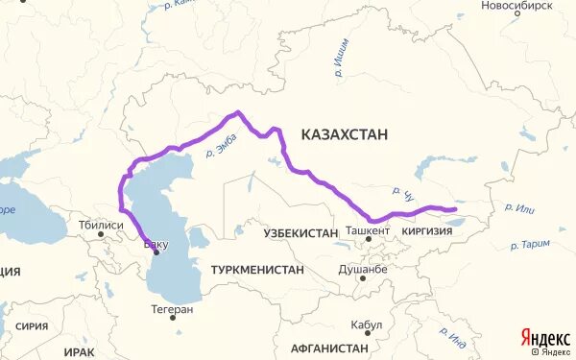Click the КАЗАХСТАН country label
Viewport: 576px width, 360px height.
point(344,135)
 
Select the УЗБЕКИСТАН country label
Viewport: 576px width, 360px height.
point(301,232)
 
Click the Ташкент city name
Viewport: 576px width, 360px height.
point(369,231)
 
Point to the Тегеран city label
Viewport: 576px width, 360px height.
point(172,309)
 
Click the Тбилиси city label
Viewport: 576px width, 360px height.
point(102,226)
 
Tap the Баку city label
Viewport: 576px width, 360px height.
point(156,244)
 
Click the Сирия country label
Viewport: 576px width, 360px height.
point(32,326)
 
